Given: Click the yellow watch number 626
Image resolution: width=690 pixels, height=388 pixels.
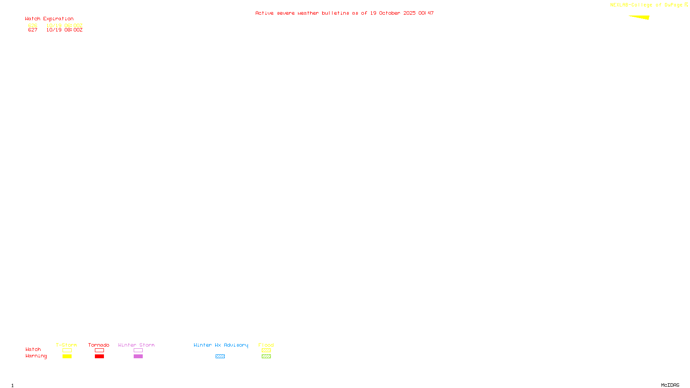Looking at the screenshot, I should click(33, 25).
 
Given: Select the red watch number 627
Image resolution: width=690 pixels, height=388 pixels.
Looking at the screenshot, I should click(33, 30).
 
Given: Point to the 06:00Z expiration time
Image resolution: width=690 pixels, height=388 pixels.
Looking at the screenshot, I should click(73, 25).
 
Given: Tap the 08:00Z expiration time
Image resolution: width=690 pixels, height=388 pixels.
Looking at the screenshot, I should click(73, 30).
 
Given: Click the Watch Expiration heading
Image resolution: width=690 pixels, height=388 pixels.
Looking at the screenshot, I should click(49, 19).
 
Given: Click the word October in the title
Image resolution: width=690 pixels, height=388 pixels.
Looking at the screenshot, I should click(389, 13).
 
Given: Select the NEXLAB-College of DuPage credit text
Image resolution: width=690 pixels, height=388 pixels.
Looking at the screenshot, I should click(646, 5).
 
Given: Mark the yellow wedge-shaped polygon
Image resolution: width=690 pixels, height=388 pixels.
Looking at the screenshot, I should click(642, 17).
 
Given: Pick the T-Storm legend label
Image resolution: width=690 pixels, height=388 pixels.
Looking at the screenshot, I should click(66, 345).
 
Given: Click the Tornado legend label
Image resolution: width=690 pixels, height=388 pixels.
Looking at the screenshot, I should click(99, 345).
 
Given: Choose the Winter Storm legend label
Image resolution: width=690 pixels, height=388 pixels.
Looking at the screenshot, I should click(136, 345).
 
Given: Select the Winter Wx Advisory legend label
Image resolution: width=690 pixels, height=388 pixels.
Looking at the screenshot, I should click(221, 345).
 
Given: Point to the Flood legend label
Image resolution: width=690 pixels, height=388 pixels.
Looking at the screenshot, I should click(266, 345).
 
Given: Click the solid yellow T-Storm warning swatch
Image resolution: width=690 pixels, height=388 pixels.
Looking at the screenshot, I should click(67, 357).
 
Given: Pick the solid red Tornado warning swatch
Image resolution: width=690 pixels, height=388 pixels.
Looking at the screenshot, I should click(99, 357).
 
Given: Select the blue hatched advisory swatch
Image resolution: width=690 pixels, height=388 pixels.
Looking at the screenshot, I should click(220, 357).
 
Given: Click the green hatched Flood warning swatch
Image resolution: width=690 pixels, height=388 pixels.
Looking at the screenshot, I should click(266, 357).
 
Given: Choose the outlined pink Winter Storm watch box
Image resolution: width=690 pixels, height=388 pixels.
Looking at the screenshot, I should click(138, 350).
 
